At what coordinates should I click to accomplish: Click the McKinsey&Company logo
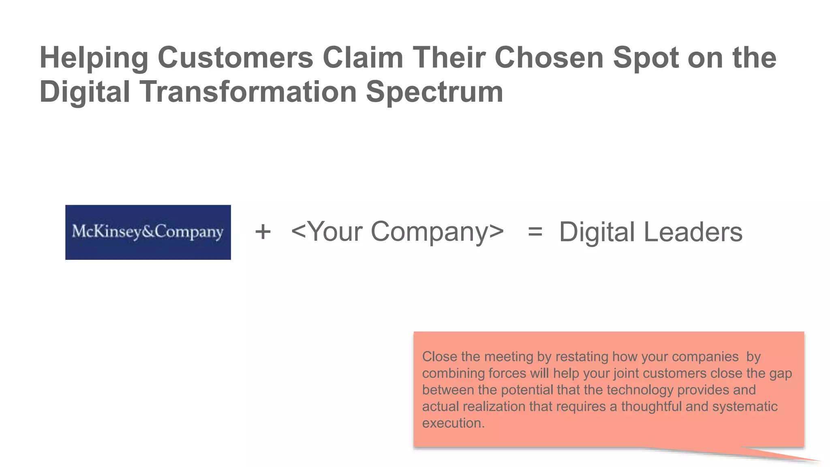[x=148, y=232]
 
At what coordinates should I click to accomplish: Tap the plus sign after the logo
[x=263, y=232]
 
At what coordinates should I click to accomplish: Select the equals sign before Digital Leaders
[x=535, y=232]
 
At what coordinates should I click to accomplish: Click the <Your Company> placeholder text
[x=397, y=232]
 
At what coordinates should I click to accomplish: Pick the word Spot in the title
[x=646, y=58]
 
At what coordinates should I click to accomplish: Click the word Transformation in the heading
[x=248, y=92]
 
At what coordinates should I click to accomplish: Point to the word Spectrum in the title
[x=434, y=92]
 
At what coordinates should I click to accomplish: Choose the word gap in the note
[x=780, y=373]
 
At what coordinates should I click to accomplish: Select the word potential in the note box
[x=527, y=390]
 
